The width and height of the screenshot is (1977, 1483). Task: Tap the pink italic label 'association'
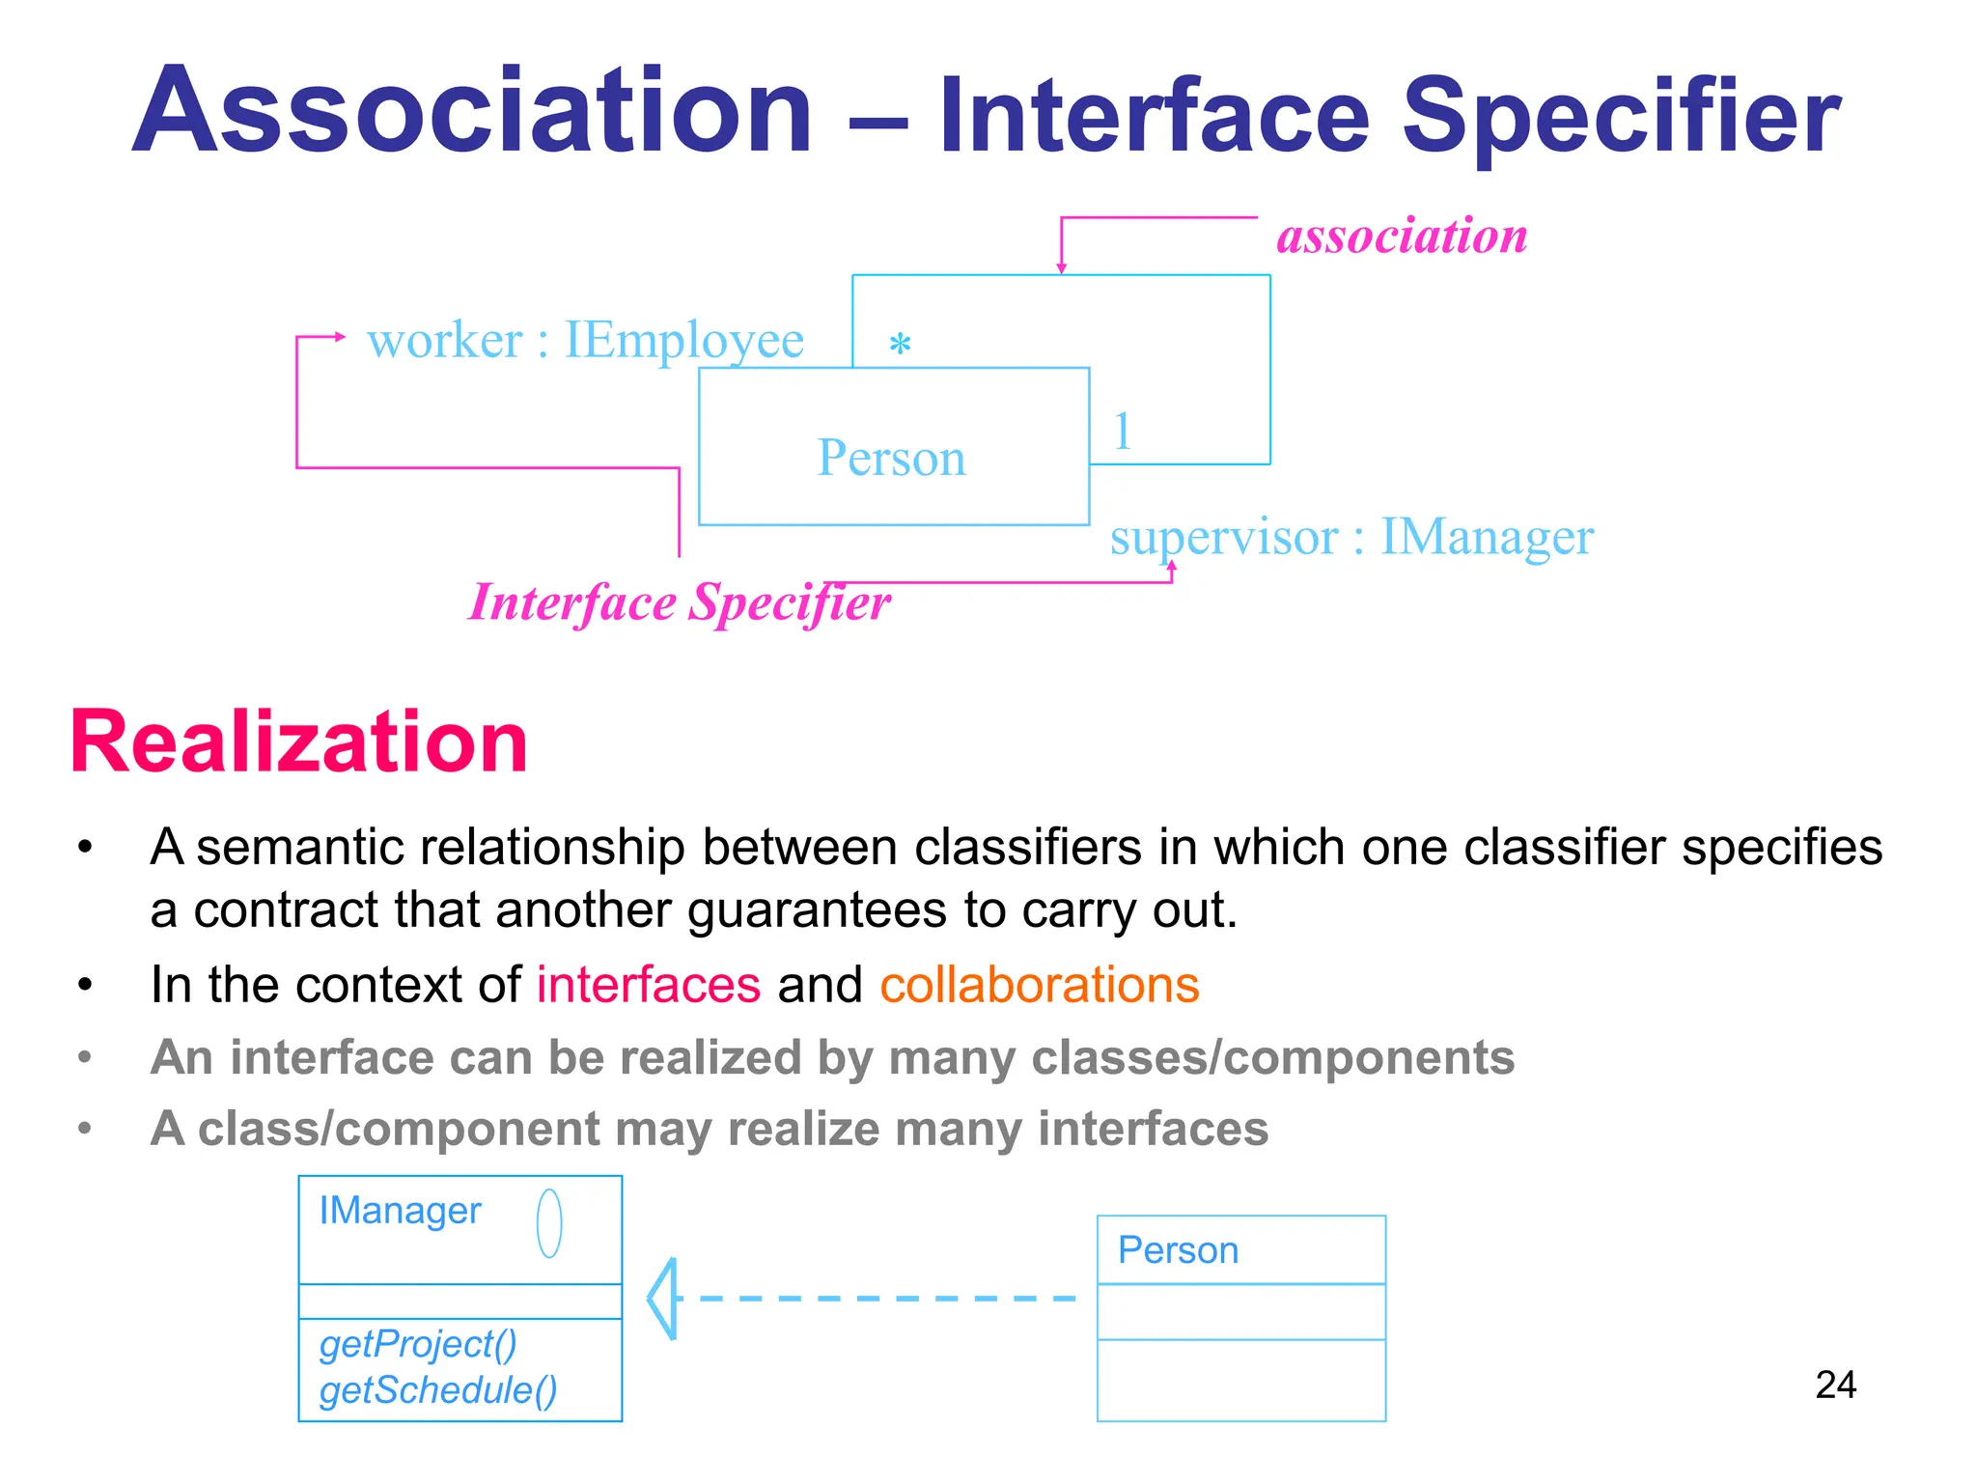coord(1402,236)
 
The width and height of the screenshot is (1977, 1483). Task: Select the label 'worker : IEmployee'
coord(585,340)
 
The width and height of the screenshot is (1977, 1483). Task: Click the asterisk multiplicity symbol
coord(900,345)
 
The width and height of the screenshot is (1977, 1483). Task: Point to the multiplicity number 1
coord(1122,431)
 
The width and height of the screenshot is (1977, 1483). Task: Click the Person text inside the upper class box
coord(891,457)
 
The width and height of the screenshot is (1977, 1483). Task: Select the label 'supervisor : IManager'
coord(1350,537)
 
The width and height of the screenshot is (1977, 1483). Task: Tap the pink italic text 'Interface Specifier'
coord(679,602)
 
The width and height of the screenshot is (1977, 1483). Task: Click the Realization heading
coord(299,741)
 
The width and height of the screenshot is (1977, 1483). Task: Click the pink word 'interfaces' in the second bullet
coord(649,985)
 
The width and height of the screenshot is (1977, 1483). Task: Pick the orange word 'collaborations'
coord(1039,985)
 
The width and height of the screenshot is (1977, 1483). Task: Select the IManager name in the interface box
coord(400,1211)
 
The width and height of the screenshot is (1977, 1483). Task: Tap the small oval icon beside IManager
coord(549,1223)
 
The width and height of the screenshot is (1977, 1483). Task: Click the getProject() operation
coord(418,1344)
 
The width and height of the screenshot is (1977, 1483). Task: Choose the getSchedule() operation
coord(438,1390)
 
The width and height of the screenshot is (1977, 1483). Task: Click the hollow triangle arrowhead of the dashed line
coord(663,1299)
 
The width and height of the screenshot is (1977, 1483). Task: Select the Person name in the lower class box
coord(1178,1250)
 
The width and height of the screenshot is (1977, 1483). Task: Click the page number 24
coord(1835,1385)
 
